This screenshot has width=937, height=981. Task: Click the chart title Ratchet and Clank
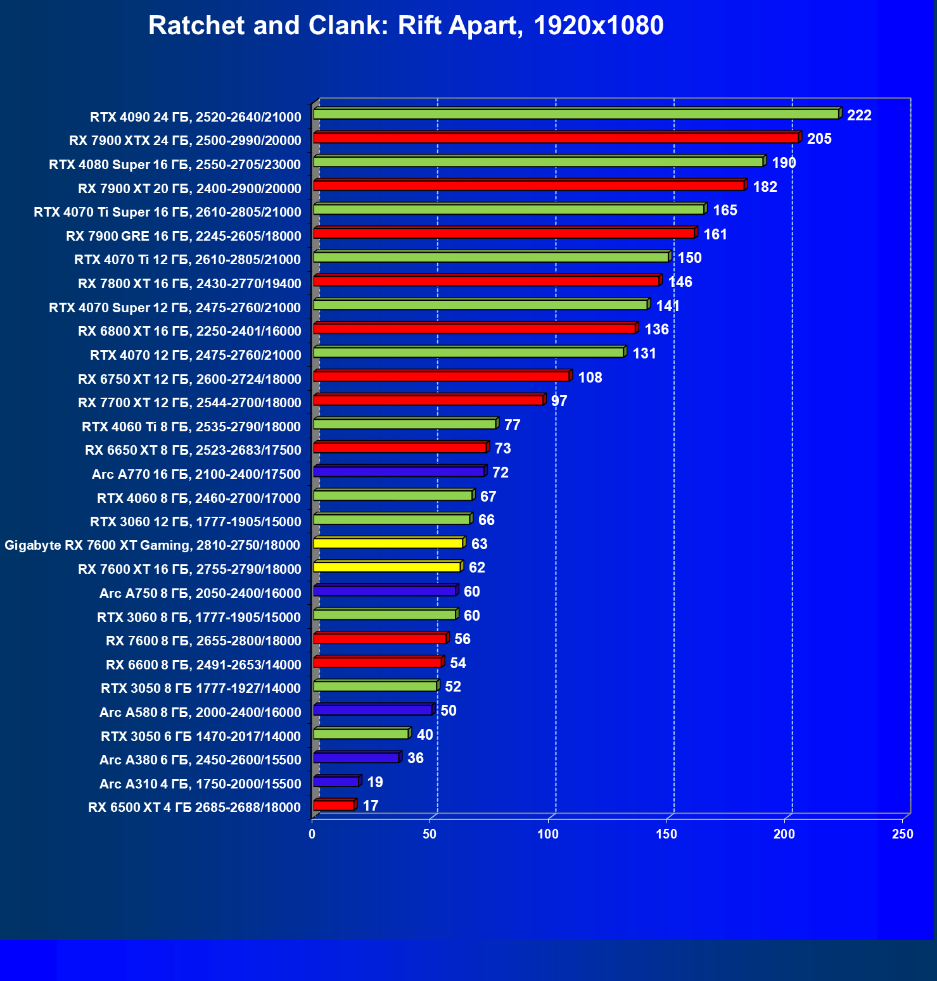coord(405,26)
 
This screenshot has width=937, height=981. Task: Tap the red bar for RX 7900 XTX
coord(556,138)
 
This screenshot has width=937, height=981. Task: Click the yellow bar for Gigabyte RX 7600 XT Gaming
coord(388,543)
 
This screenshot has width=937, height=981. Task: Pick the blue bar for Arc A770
coord(398,472)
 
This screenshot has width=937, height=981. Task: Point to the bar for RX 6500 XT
coord(333,806)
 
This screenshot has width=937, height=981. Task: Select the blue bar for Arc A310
coord(336,782)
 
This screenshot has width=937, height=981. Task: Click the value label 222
coord(859,115)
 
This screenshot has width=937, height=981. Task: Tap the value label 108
coord(590,377)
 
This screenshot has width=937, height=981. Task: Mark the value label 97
coord(559,401)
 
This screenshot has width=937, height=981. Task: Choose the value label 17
coord(370,806)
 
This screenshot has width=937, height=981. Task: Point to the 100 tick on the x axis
coord(548,834)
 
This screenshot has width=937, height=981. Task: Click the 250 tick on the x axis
coord(903,834)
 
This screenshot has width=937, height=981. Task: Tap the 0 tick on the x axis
coord(312,834)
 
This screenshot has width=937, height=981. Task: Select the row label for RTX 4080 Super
coord(175,165)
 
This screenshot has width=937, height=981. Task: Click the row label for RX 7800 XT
coord(189,284)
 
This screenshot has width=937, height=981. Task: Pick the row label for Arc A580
coord(200,712)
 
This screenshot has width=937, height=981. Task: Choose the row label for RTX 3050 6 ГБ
coord(201,736)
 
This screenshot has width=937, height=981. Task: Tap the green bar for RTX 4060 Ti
coord(404,424)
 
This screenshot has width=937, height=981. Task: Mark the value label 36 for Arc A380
coord(415,758)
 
